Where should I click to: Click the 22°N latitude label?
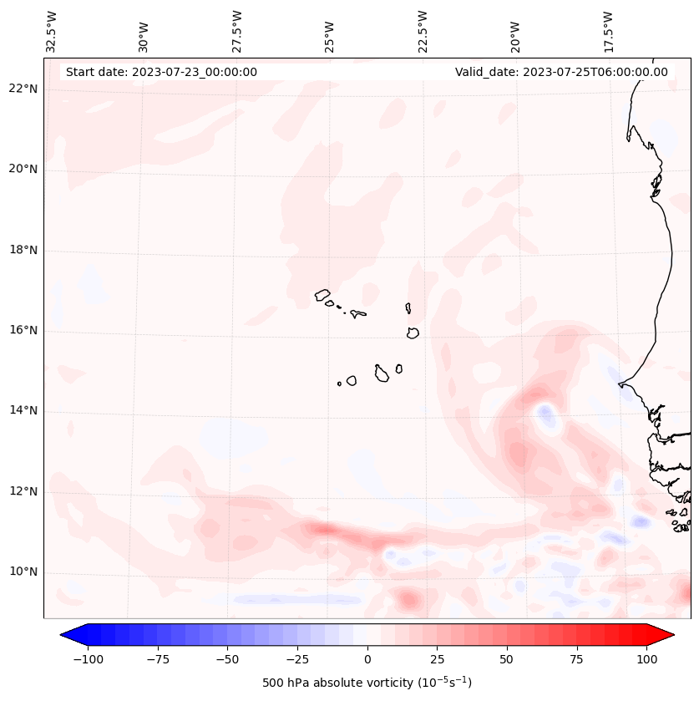coord(23,89)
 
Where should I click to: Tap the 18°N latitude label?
coord(23,250)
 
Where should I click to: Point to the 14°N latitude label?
coord(23,411)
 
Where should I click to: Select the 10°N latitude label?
coord(23,572)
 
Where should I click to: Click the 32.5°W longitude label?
coord(52,31)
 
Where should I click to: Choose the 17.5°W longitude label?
coord(608,31)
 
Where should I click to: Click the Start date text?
coord(161,72)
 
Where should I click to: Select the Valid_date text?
coord(561,72)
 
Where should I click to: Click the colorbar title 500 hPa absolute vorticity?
coord(367,683)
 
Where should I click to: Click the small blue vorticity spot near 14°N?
coord(545,413)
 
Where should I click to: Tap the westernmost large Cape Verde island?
coord(322,295)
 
